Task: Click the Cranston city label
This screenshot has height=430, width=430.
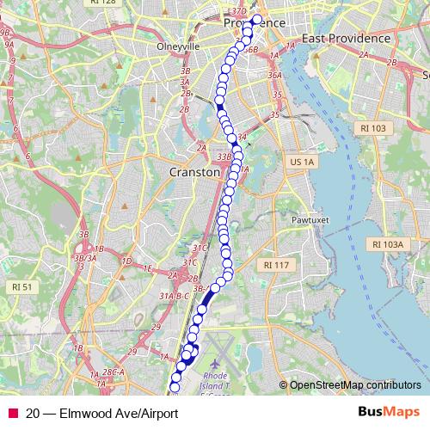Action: [195, 171]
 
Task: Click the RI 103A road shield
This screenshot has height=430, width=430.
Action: [388, 244]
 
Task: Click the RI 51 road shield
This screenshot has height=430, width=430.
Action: [21, 286]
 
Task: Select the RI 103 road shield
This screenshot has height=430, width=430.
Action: [372, 128]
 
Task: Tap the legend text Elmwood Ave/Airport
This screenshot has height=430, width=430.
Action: [118, 413]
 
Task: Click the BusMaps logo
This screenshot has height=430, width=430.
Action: [388, 412]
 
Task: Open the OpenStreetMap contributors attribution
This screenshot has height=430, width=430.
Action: [354, 385]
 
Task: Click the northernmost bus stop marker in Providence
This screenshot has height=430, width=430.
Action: [256, 19]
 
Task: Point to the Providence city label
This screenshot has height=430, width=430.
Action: [257, 22]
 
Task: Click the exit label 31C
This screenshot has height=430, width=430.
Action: [200, 248]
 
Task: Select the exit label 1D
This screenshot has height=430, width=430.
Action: [126, 260]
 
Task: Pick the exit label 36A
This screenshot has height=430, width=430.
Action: [274, 75]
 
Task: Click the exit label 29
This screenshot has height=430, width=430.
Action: [156, 327]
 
